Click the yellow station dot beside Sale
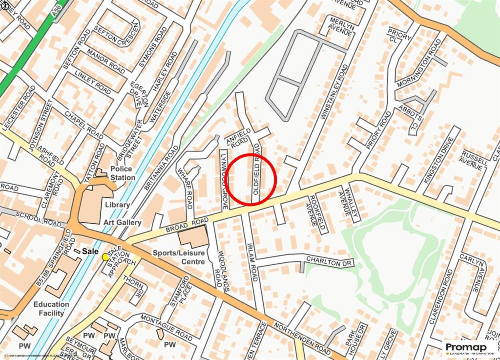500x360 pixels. click(105, 257)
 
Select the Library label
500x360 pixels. click(117, 205)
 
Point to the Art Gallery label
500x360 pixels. click(122, 223)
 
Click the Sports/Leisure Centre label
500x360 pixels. click(179, 257)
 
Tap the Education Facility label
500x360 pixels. click(51, 309)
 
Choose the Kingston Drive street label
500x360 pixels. click(435, 161)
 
